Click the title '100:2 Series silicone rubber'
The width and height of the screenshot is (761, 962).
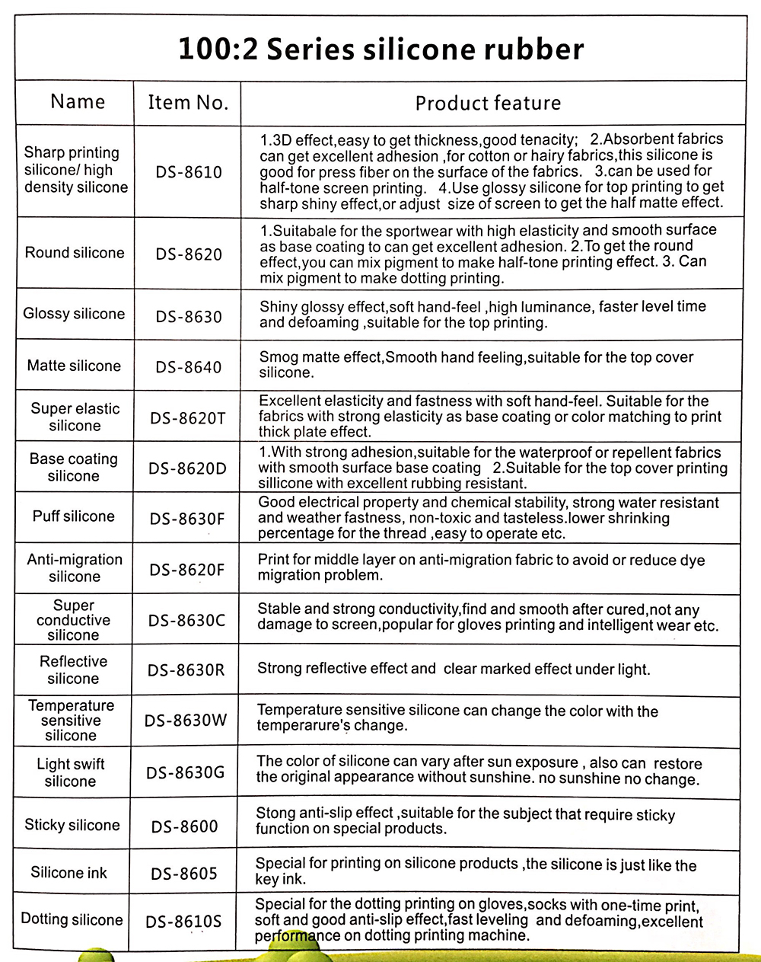pyautogui.click(x=380, y=50)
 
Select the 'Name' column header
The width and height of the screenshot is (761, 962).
pyautogui.click(x=78, y=102)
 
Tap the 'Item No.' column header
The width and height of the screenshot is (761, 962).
pyautogui.click(x=188, y=103)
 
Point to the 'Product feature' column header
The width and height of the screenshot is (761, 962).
pyautogui.click(x=488, y=104)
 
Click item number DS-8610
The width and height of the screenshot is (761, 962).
pyautogui.click(x=189, y=172)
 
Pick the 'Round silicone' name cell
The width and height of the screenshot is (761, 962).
pyautogui.click(x=75, y=253)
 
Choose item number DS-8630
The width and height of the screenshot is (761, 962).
pyautogui.click(x=189, y=316)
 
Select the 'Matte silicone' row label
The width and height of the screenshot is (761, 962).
pyautogui.click(x=74, y=366)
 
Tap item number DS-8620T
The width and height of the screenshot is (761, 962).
pyautogui.click(x=188, y=417)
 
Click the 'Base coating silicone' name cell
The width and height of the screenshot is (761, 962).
pyautogui.click(x=74, y=468)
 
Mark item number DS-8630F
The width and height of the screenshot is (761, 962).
pyautogui.click(x=187, y=519)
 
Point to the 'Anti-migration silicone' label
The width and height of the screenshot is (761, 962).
pyautogui.click(x=75, y=568)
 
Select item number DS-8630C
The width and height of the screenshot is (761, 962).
pyautogui.click(x=187, y=620)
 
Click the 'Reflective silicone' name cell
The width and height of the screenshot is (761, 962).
pyautogui.click(x=73, y=670)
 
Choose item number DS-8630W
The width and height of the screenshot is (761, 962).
pyautogui.click(x=186, y=720)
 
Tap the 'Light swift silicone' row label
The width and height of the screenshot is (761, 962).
pyautogui.click(x=71, y=772)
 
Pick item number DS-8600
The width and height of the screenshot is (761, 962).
pyautogui.click(x=184, y=826)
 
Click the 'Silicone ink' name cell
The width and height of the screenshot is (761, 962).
pyautogui.click(x=69, y=873)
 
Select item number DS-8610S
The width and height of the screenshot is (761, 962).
pyautogui.click(x=183, y=922)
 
